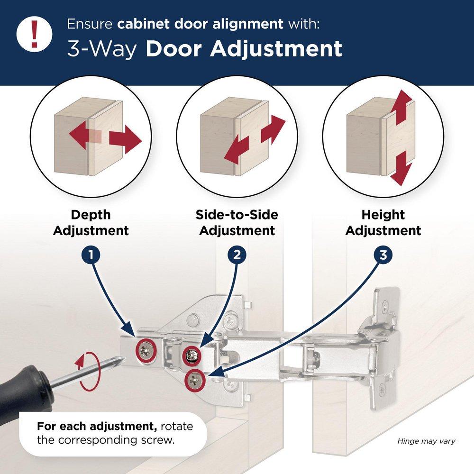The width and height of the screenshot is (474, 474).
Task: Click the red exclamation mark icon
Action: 34,34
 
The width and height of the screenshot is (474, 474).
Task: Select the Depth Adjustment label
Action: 91,223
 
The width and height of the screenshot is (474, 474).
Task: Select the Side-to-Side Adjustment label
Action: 237,223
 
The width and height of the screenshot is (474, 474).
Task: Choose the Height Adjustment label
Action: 383,223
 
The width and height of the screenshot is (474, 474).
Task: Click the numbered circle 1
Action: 91,255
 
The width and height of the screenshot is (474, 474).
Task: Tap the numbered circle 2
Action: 237,255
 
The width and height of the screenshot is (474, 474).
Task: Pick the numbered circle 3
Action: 383,255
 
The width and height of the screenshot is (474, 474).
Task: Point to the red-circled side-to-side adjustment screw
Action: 192,354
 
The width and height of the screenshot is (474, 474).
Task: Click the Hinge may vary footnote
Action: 426,441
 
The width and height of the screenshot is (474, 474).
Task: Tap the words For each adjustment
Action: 74,426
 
